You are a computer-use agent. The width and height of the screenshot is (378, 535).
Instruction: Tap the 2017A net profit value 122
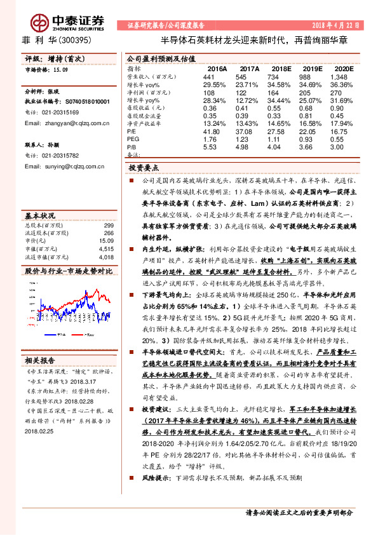click(248, 92)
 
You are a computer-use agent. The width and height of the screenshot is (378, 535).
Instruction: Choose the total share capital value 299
click(108, 226)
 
